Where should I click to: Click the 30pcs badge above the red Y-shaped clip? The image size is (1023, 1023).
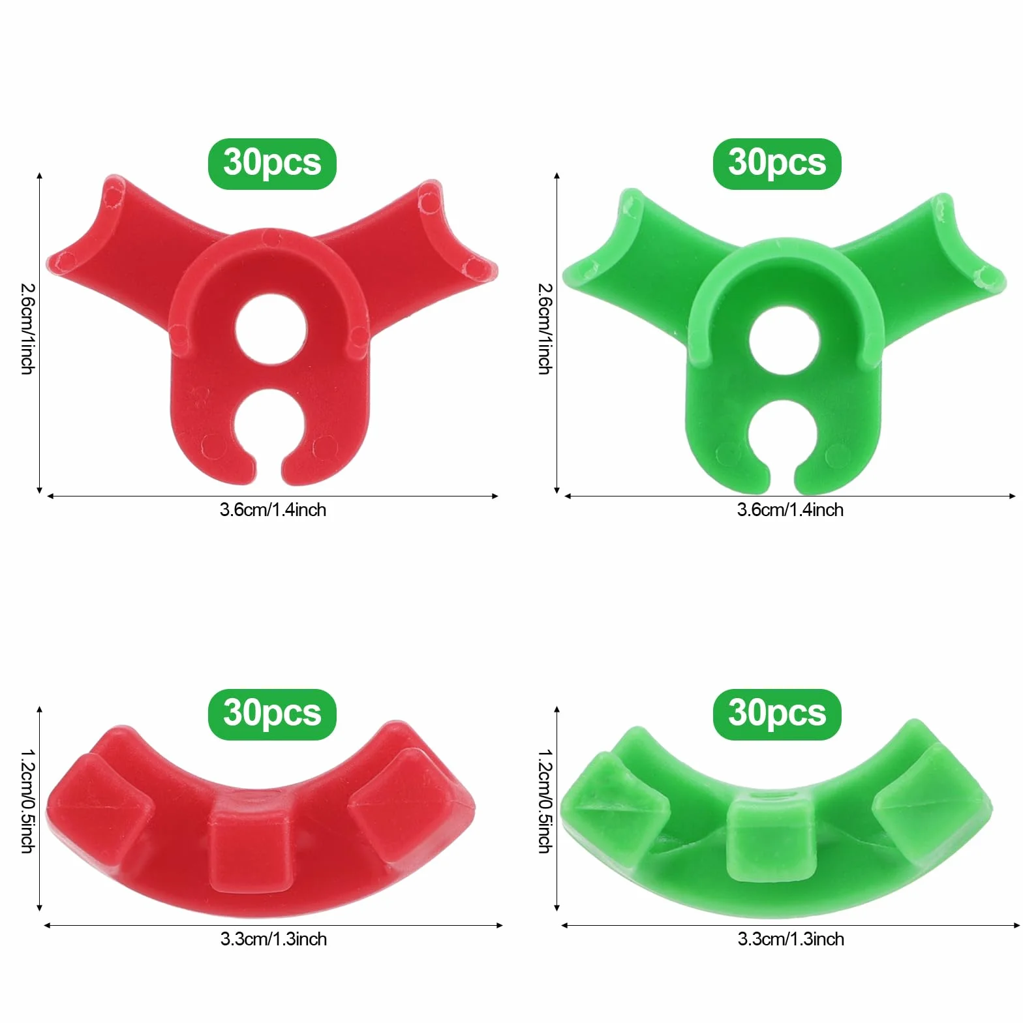272,164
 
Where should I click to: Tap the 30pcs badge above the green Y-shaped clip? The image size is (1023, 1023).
777,164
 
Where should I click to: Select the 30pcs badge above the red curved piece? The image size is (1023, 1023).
272,714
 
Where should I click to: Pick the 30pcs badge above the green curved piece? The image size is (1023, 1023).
777,714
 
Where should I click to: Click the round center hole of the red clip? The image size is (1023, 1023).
271,329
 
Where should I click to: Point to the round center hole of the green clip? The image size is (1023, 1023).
784,340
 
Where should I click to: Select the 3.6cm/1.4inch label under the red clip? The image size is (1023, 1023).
273,510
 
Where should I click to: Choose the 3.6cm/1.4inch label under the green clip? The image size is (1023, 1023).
790,510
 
